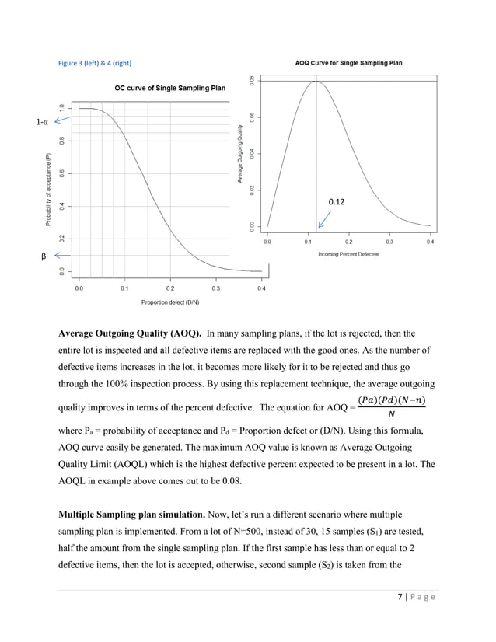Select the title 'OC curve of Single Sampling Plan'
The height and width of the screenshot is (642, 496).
(170, 89)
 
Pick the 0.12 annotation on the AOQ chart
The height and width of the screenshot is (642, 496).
(337, 201)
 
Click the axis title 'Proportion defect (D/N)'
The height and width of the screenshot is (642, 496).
(170, 302)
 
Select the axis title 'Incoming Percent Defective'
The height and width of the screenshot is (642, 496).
(349, 254)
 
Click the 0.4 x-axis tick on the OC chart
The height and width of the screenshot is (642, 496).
(261, 288)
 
